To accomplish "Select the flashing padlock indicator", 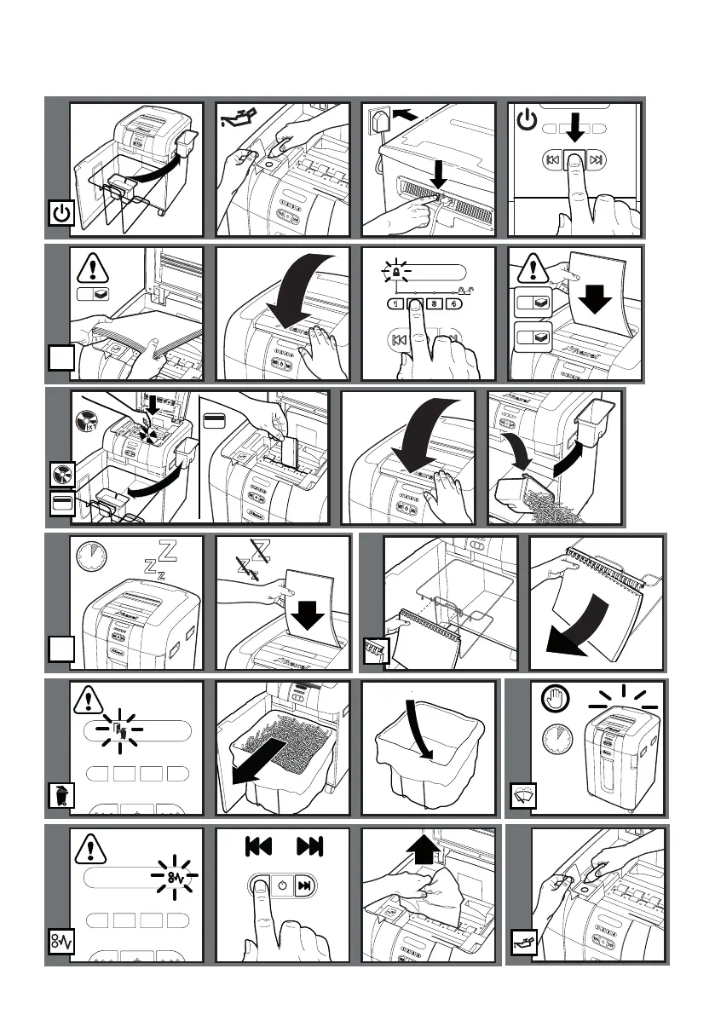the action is (x=397, y=272).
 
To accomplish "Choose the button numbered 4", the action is (x=456, y=304).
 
